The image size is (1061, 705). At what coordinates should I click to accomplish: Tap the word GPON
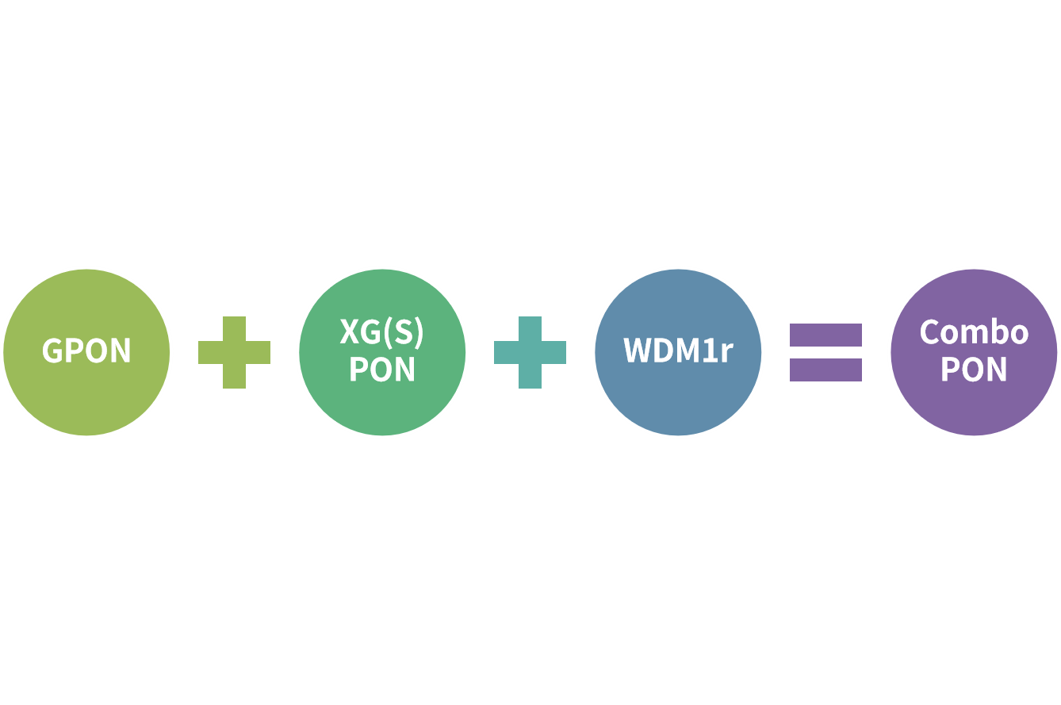coord(86,351)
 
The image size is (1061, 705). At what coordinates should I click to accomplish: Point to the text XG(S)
coord(382,332)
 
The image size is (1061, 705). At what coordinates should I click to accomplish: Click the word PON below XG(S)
coord(382,370)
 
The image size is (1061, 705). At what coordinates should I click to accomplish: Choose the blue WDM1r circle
coord(678,397)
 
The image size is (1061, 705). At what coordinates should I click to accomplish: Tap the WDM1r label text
coord(678,351)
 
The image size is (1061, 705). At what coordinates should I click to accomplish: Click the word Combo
coord(974,332)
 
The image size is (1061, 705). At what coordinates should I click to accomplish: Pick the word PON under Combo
coord(974,370)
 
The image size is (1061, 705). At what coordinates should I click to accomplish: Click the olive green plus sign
coord(234,352)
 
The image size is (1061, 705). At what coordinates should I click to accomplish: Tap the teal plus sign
coord(530,352)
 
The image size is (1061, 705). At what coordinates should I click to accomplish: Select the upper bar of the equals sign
coord(825,335)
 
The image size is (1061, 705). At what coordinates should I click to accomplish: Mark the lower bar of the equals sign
coord(825,370)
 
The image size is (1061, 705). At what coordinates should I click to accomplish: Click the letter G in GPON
coord(52,351)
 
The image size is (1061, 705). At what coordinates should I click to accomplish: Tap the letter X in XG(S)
coord(350,332)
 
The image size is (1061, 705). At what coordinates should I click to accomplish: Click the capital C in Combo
coord(929,332)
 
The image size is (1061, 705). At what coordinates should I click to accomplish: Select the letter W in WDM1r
coord(638,351)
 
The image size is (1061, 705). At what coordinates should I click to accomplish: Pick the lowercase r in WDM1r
coord(726,353)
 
